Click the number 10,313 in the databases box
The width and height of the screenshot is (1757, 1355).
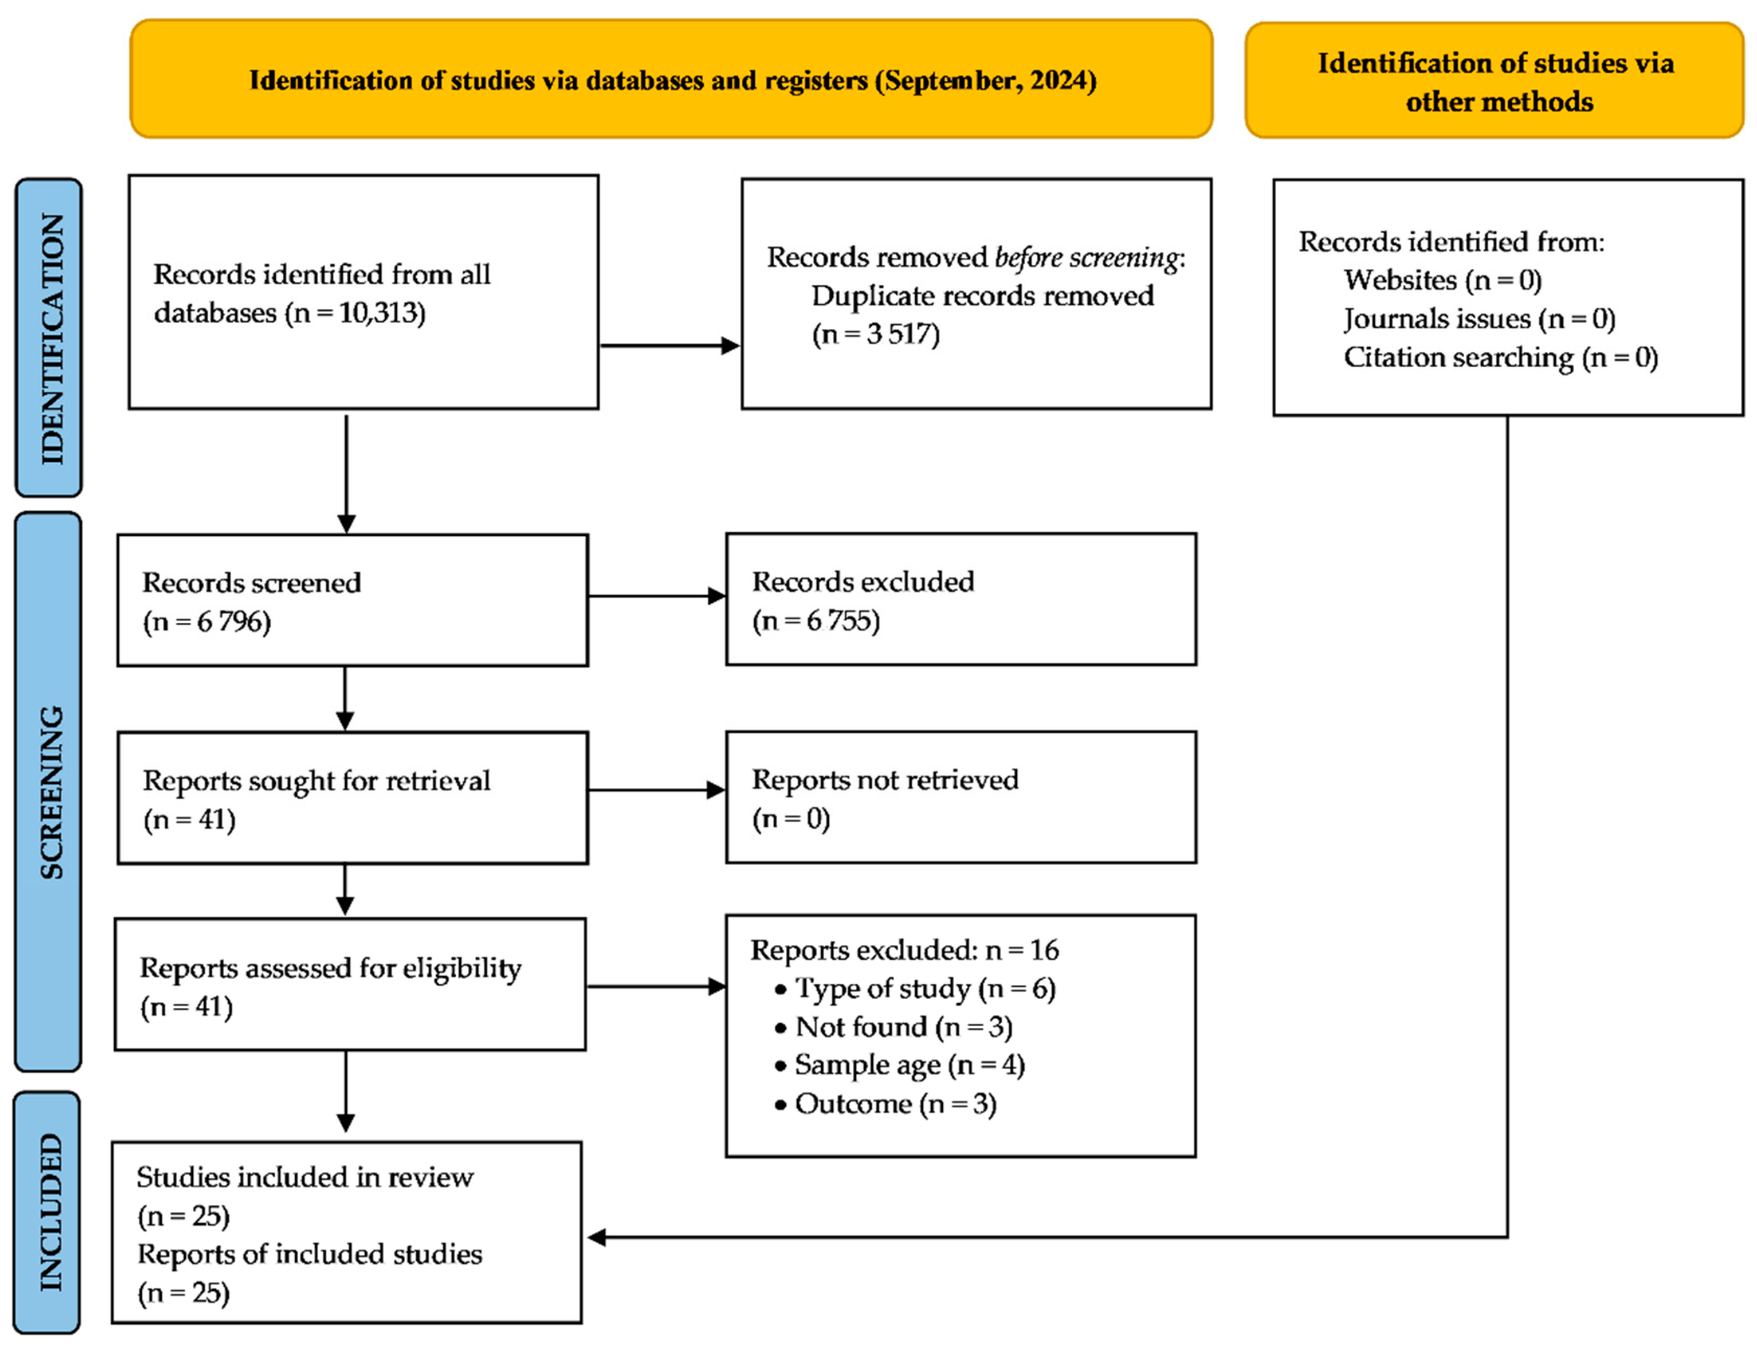point(381,313)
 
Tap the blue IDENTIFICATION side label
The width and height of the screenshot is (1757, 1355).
point(50,338)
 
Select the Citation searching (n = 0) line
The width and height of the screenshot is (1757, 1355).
point(1500,357)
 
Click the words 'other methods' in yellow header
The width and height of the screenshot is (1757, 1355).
point(1499,102)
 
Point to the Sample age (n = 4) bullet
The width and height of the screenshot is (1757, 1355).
point(908,1065)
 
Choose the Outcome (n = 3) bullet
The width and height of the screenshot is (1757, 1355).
point(895,1104)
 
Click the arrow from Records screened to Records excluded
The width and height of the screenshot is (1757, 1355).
point(656,596)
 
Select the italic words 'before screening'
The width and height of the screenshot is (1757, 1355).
point(1086,257)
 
